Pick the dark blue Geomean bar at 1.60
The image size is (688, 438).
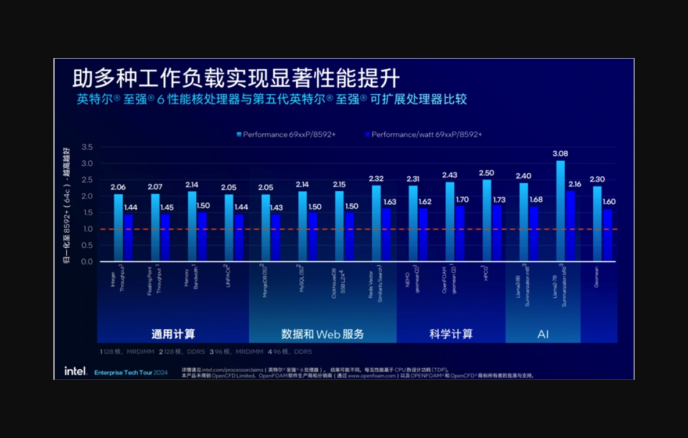[607, 235]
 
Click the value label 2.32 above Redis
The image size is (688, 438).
[377, 179]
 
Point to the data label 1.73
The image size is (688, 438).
[499, 200]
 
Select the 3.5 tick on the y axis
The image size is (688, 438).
[87, 147]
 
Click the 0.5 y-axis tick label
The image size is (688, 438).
[87, 245]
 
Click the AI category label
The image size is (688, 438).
[543, 334]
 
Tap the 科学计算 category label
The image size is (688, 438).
[451, 334]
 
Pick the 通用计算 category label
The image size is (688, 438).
[173, 334]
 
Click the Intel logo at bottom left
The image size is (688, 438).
[76, 371]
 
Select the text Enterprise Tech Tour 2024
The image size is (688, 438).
[131, 372]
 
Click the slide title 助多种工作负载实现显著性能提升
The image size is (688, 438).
[236, 78]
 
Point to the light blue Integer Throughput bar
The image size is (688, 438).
[118, 227]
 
